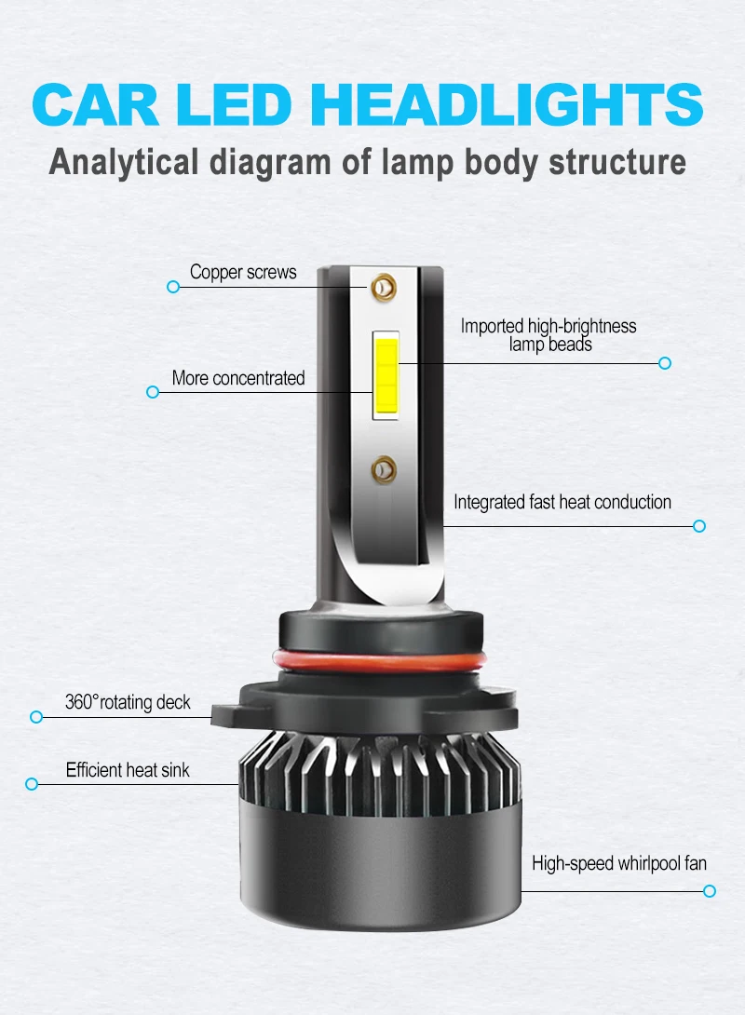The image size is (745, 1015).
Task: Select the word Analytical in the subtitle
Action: click(x=123, y=161)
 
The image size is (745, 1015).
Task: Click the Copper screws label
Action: click(x=243, y=272)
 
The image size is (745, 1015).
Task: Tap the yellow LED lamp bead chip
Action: click(x=386, y=375)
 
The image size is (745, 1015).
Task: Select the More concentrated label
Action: click(x=238, y=378)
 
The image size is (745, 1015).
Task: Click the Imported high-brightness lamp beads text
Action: click(x=549, y=335)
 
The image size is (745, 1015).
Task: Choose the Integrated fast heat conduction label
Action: click(x=562, y=502)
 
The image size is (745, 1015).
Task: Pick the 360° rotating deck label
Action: click(x=128, y=701)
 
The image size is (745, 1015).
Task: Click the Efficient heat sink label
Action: click(x=128, y=770)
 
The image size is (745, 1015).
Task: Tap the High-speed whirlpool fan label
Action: click(x=619, y=863)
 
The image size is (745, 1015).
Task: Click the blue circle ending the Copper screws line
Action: click(x=172, y=288)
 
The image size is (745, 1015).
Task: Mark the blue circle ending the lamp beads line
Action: click(x=665, y=362)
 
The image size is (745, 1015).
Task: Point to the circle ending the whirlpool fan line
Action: click(x=710, y=891)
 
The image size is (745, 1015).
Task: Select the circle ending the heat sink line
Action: click(x=32, y=784)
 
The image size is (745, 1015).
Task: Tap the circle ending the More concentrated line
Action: click(x=153, y=392)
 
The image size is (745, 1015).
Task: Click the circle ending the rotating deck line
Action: click(x=37, y=716)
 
